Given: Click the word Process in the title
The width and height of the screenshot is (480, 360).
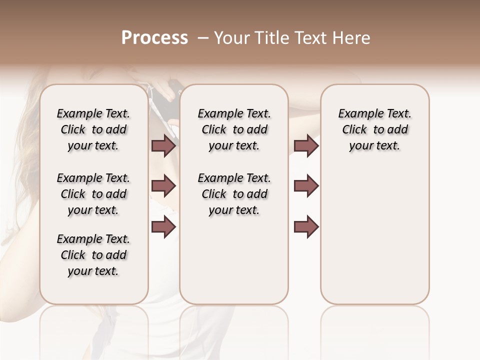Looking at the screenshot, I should coord(154,38).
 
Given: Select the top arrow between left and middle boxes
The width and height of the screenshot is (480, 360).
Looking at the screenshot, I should coord(163,145).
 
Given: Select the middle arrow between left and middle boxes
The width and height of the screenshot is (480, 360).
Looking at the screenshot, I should coord(163,186).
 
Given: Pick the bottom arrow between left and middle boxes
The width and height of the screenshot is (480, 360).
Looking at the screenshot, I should coord(163,227).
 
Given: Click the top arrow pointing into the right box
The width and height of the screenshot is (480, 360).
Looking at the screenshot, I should coord(306,145).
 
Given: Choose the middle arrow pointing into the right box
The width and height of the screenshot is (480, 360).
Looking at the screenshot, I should coord(306,186).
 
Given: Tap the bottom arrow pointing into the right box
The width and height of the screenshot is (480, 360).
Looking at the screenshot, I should coord(306,227).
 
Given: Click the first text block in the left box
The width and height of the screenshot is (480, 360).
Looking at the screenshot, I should coord(93,129).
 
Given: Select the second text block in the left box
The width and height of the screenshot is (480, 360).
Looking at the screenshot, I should coord(93,194).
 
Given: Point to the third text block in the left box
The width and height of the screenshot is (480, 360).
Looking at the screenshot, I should coord(93,255).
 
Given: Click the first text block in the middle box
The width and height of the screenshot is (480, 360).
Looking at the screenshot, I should coord(234,129).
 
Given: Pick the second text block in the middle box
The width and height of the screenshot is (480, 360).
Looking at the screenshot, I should coord(234,194).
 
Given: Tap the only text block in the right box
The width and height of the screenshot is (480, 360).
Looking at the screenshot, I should coord(375,129).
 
